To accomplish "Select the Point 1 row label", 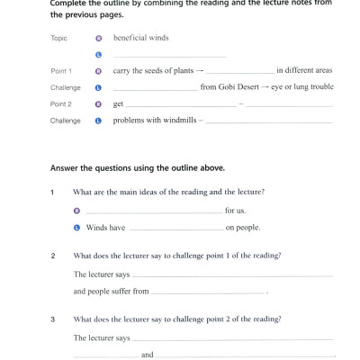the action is pyautogui.click(x=62, y=70).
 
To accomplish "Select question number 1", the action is pyautogui.click(x=53, y=193).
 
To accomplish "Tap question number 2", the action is pyautogui.click(x=53, y=256).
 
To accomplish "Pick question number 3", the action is pyautogui.click(x=53, y=319).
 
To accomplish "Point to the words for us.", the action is pyautogui.click(x=236, y=211).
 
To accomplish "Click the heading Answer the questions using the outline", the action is pyautogui.click(x=141, y=168).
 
